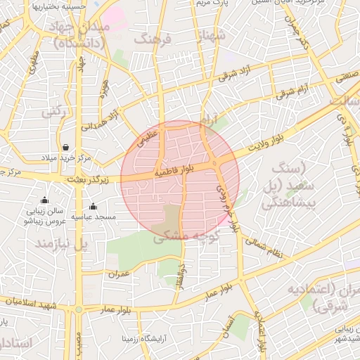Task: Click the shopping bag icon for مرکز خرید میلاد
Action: [65, 148]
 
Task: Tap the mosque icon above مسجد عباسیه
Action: [94, 206]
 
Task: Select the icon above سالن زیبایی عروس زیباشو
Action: [45, 200]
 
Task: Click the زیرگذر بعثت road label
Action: [89, 181]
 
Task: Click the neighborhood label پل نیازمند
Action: [64, 243]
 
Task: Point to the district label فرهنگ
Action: [153, 39]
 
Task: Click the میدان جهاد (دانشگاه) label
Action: [79, 35]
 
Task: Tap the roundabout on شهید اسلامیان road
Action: [79, 309]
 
